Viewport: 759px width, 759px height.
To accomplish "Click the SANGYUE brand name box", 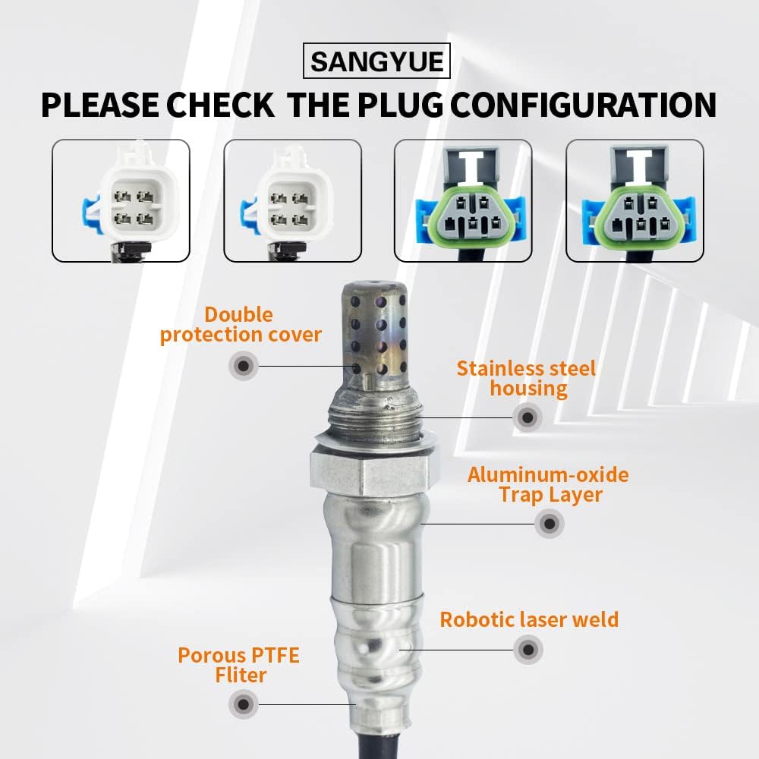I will coord(376,61).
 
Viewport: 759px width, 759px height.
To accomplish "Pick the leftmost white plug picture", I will coord(121,200).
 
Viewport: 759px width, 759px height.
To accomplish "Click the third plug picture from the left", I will coord(463,200).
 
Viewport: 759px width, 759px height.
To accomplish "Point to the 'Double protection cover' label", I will coord(241,325).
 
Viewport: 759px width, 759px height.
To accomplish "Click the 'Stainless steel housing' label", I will coord(526,379).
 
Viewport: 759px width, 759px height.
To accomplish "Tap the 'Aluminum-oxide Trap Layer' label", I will coord(548,485).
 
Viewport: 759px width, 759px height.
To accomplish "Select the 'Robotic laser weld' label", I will coord(529,619).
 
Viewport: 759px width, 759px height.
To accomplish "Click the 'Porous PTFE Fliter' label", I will coord(238,665).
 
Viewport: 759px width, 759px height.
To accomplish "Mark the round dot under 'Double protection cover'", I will coord(243,366).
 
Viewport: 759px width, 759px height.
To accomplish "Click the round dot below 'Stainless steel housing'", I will coord(527,416).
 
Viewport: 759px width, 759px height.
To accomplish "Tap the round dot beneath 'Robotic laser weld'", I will coord(528,649).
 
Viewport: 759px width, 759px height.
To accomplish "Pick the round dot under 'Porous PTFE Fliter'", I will coord(243,704).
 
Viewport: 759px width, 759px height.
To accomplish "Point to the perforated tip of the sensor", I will coord(374,330).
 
